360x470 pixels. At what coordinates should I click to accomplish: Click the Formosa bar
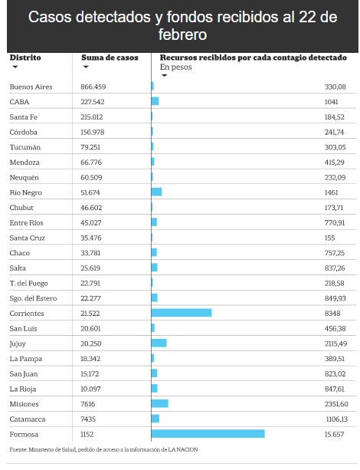point(208,433)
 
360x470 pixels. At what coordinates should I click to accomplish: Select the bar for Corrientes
point(182,313)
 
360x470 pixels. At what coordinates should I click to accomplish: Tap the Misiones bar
point(160,403)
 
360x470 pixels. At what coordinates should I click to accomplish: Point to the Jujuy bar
point(159,343)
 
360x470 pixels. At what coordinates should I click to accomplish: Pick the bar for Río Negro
point(157,192)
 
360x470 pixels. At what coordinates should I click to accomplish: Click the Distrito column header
point(25,58)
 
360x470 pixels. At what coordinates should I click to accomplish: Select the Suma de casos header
point(110,58)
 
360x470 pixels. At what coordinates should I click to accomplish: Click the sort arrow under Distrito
point(15,67)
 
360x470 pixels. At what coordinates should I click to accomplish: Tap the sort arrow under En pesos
point(164,76)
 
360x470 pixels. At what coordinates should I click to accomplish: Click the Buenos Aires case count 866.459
point(93,87)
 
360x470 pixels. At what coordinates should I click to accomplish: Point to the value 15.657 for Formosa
point(334,434)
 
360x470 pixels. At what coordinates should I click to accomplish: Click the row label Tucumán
point(25,147)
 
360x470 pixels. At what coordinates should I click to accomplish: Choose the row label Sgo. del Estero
point(33,298)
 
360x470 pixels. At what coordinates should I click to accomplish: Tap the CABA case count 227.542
point(92,102)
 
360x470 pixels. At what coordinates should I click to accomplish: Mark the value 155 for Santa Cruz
point(330,238)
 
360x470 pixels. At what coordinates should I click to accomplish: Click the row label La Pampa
point(26,359)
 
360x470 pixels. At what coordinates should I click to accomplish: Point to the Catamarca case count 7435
point(88,419)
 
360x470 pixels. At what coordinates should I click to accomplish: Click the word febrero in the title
point(183,35)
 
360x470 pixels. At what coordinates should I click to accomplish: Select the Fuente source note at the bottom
point(103,449)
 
